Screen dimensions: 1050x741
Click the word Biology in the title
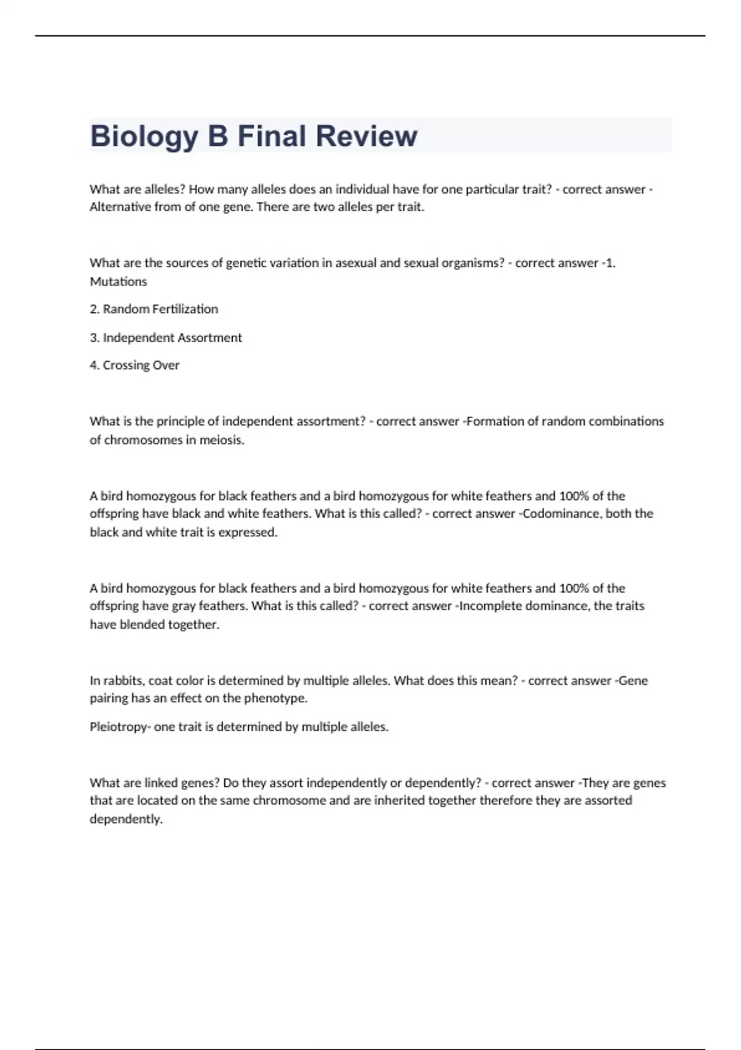point(144,136)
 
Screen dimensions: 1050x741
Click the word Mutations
point(119,282)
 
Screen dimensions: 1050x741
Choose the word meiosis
point(222,440)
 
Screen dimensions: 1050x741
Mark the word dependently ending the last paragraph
point(126,819)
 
